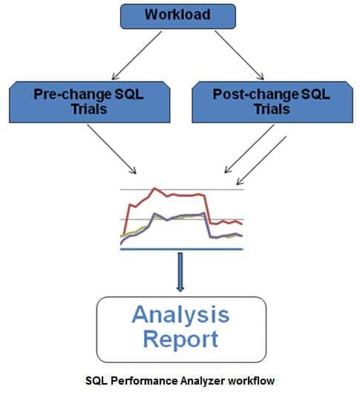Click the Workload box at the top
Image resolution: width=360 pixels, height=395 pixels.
177,16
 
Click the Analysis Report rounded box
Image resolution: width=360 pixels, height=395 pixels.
181,329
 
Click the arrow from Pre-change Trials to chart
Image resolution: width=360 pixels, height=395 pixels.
111,149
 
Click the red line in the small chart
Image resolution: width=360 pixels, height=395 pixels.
178,195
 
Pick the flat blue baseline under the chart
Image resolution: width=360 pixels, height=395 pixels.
181,249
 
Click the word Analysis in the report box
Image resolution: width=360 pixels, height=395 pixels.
180,316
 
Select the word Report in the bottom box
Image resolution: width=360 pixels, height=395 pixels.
181,340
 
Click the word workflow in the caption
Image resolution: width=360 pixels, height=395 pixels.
255,380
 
